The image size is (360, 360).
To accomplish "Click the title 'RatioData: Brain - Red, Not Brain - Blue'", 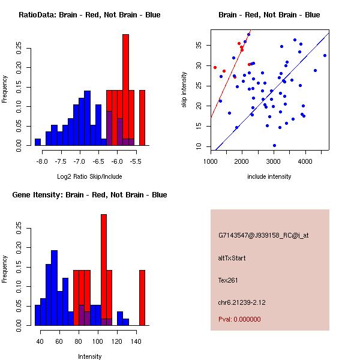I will coord(89,15).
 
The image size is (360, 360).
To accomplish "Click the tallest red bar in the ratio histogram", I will coord(126,90).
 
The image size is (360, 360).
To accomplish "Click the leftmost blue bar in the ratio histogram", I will coord(38,142).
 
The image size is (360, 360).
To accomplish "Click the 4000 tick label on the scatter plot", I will coord(306,161).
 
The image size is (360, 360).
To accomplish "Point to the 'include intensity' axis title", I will coord(269,176).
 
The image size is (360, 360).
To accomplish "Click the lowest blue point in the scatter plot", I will coord(274,145).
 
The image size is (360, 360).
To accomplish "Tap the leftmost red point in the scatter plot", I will coord(215,67).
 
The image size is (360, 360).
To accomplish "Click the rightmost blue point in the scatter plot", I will coord(325,55).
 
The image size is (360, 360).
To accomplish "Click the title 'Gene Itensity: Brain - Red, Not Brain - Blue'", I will coord(89,195).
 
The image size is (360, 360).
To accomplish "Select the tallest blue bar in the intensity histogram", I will coord(55,288).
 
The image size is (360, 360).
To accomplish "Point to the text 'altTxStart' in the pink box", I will coord(232,258).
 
